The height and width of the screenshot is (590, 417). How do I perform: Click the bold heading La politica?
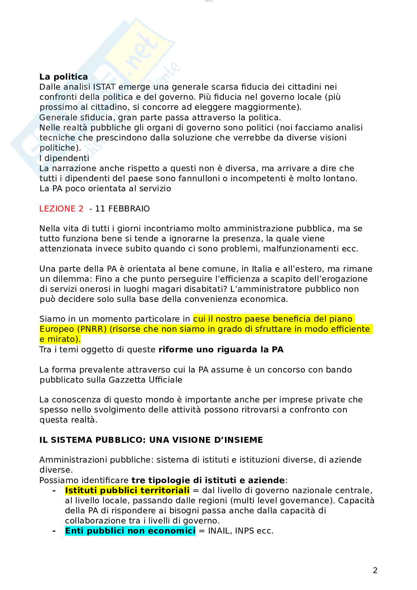pos(64,77)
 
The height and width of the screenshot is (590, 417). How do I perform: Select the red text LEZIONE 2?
pos(61,208)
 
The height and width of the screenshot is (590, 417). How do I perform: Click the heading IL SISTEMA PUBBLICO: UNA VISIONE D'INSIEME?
pos(151,440)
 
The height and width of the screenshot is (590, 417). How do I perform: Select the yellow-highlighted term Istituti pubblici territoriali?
pos(127,490)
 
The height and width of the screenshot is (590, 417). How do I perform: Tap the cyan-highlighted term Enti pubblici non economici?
pos(130,531)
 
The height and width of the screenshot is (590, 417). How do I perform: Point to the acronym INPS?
pos(244,531)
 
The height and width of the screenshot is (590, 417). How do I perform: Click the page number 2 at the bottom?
pos(375,571)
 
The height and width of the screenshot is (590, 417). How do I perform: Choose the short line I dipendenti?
pos(64,158)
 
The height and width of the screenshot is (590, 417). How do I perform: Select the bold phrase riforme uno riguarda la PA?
pos(221,350)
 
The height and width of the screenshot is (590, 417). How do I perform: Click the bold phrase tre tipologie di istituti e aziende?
pos(208,480)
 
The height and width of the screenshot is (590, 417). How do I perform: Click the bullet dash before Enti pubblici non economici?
pos(54,531)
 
